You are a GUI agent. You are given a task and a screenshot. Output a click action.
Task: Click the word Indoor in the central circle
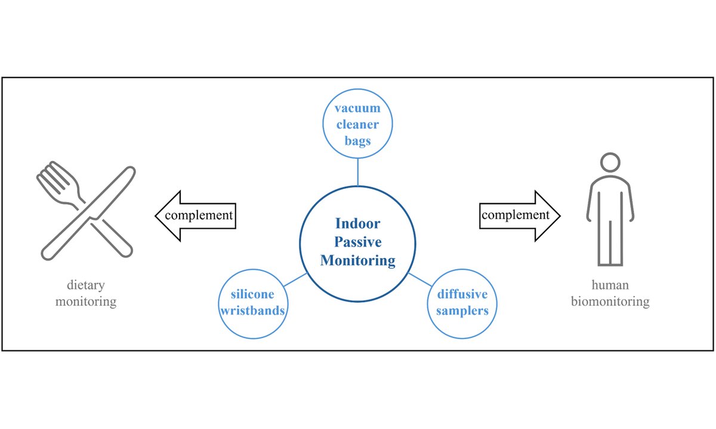click(357, 224)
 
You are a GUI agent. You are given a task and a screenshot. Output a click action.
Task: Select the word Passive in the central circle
click(357, 242)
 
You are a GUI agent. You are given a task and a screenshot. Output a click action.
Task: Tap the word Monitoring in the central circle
click(357, 260)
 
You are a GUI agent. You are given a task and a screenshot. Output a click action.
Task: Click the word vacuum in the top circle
click(357, 109)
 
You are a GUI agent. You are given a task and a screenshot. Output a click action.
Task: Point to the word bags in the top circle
click(357, 141)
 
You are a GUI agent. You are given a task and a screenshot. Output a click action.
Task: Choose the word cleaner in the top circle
click(357, 125)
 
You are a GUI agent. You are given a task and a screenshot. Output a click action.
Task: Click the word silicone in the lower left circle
click(254, 294)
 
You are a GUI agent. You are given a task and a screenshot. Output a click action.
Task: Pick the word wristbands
click(254, 310)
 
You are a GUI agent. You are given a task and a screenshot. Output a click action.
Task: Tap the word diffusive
click(462, 294)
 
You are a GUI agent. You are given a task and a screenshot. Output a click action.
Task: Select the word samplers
click(462, 310)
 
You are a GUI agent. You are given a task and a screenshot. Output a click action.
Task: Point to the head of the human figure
click(610, 163)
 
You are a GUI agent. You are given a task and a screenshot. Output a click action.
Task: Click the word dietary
click(86, 285)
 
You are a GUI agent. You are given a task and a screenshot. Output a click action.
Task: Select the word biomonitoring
click(610, 301)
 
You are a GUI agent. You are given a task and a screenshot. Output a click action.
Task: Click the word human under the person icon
click(610, 285)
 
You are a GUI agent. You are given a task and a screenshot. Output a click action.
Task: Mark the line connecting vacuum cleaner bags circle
click(357, 172)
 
